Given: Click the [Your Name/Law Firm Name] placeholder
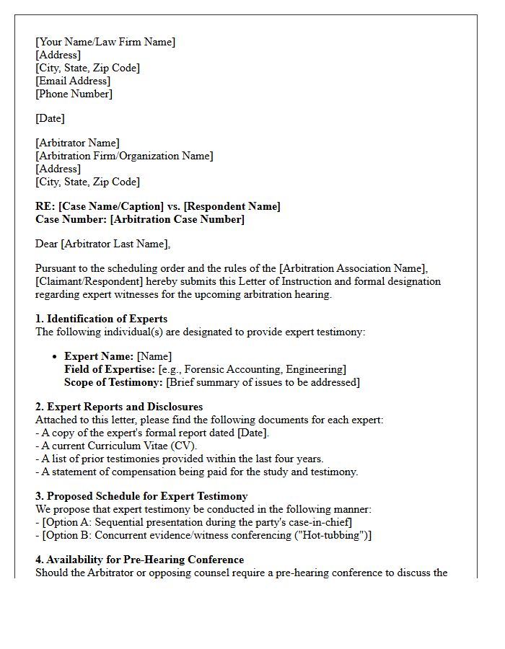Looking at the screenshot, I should pyautogui.click(x=105, y=42).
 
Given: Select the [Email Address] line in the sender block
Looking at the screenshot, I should pyautogui.click(x=73, y=81).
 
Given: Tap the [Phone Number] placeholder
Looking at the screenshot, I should pyautogui.click(x=74, y=94).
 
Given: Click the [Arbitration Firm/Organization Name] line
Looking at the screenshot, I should pyautogui.click(x=124, y=156).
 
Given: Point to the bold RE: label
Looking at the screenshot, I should pyautogui.click(x=45, y=206).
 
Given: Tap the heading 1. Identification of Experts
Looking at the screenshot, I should pyautogui.click(x=101, y=319).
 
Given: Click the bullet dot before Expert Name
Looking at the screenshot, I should pyautogui.click(x=56, y=357).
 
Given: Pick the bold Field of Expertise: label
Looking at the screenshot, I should pyautogui.click(x=110, y=369).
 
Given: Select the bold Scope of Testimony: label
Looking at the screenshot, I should pyautogui.click(x=113, y=382).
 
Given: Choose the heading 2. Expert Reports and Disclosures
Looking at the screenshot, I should pyautogui.click(x=119, y=407).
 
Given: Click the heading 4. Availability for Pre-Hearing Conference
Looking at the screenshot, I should pyautogui.click(x=139, y=560).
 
